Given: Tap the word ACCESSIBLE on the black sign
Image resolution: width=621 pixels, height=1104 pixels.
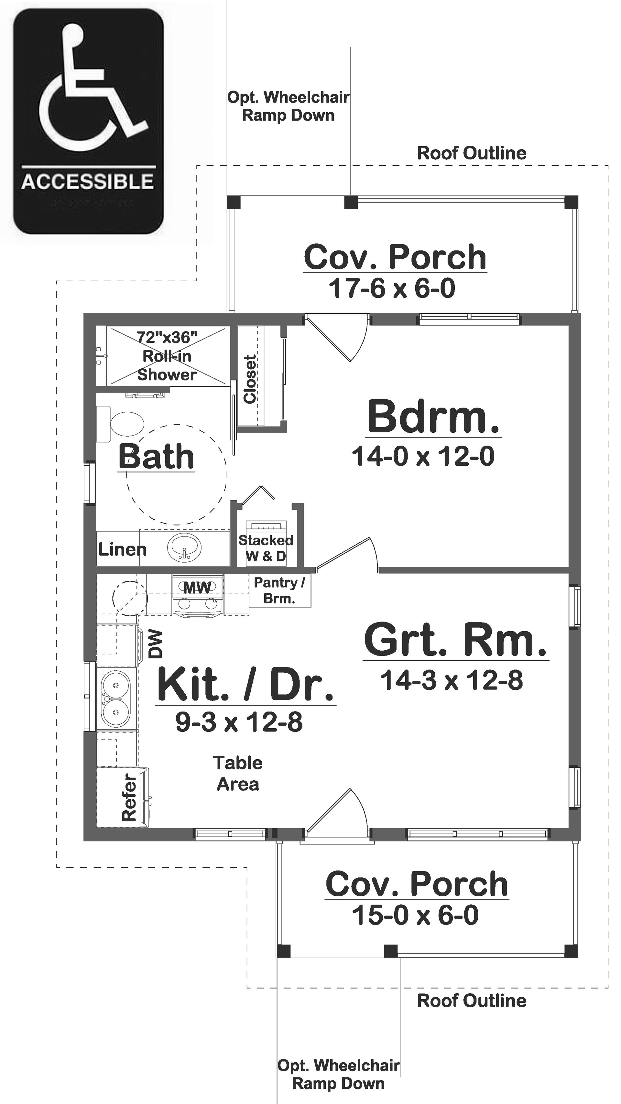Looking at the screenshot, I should pos(88,182).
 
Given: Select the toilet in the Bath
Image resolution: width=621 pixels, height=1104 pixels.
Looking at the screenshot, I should pos(122,424).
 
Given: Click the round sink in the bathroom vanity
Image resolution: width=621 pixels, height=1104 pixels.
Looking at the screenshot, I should pos(184,548).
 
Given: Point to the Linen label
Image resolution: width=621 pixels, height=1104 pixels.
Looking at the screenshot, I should pos(122,549).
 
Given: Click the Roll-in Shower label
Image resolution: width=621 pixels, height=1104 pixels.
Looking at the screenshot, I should pos(167,356).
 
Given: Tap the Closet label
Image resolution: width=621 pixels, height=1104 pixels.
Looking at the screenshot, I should pos(250,379).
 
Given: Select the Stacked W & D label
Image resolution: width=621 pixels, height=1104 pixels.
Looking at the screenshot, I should pos(266,548).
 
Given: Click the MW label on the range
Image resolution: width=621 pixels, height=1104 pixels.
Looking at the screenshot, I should pos(197,588).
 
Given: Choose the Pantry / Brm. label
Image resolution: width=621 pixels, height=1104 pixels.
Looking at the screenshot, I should pos(279,590).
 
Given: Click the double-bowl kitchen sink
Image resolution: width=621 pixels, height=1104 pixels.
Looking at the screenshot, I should pos(115,698).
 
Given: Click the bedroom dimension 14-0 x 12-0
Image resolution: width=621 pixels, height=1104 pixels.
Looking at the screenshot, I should pos(423,456).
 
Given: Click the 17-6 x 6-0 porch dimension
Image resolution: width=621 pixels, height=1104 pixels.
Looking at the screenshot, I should pos(392,288).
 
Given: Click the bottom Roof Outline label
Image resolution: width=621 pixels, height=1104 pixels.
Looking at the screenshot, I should pos(472,1001).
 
